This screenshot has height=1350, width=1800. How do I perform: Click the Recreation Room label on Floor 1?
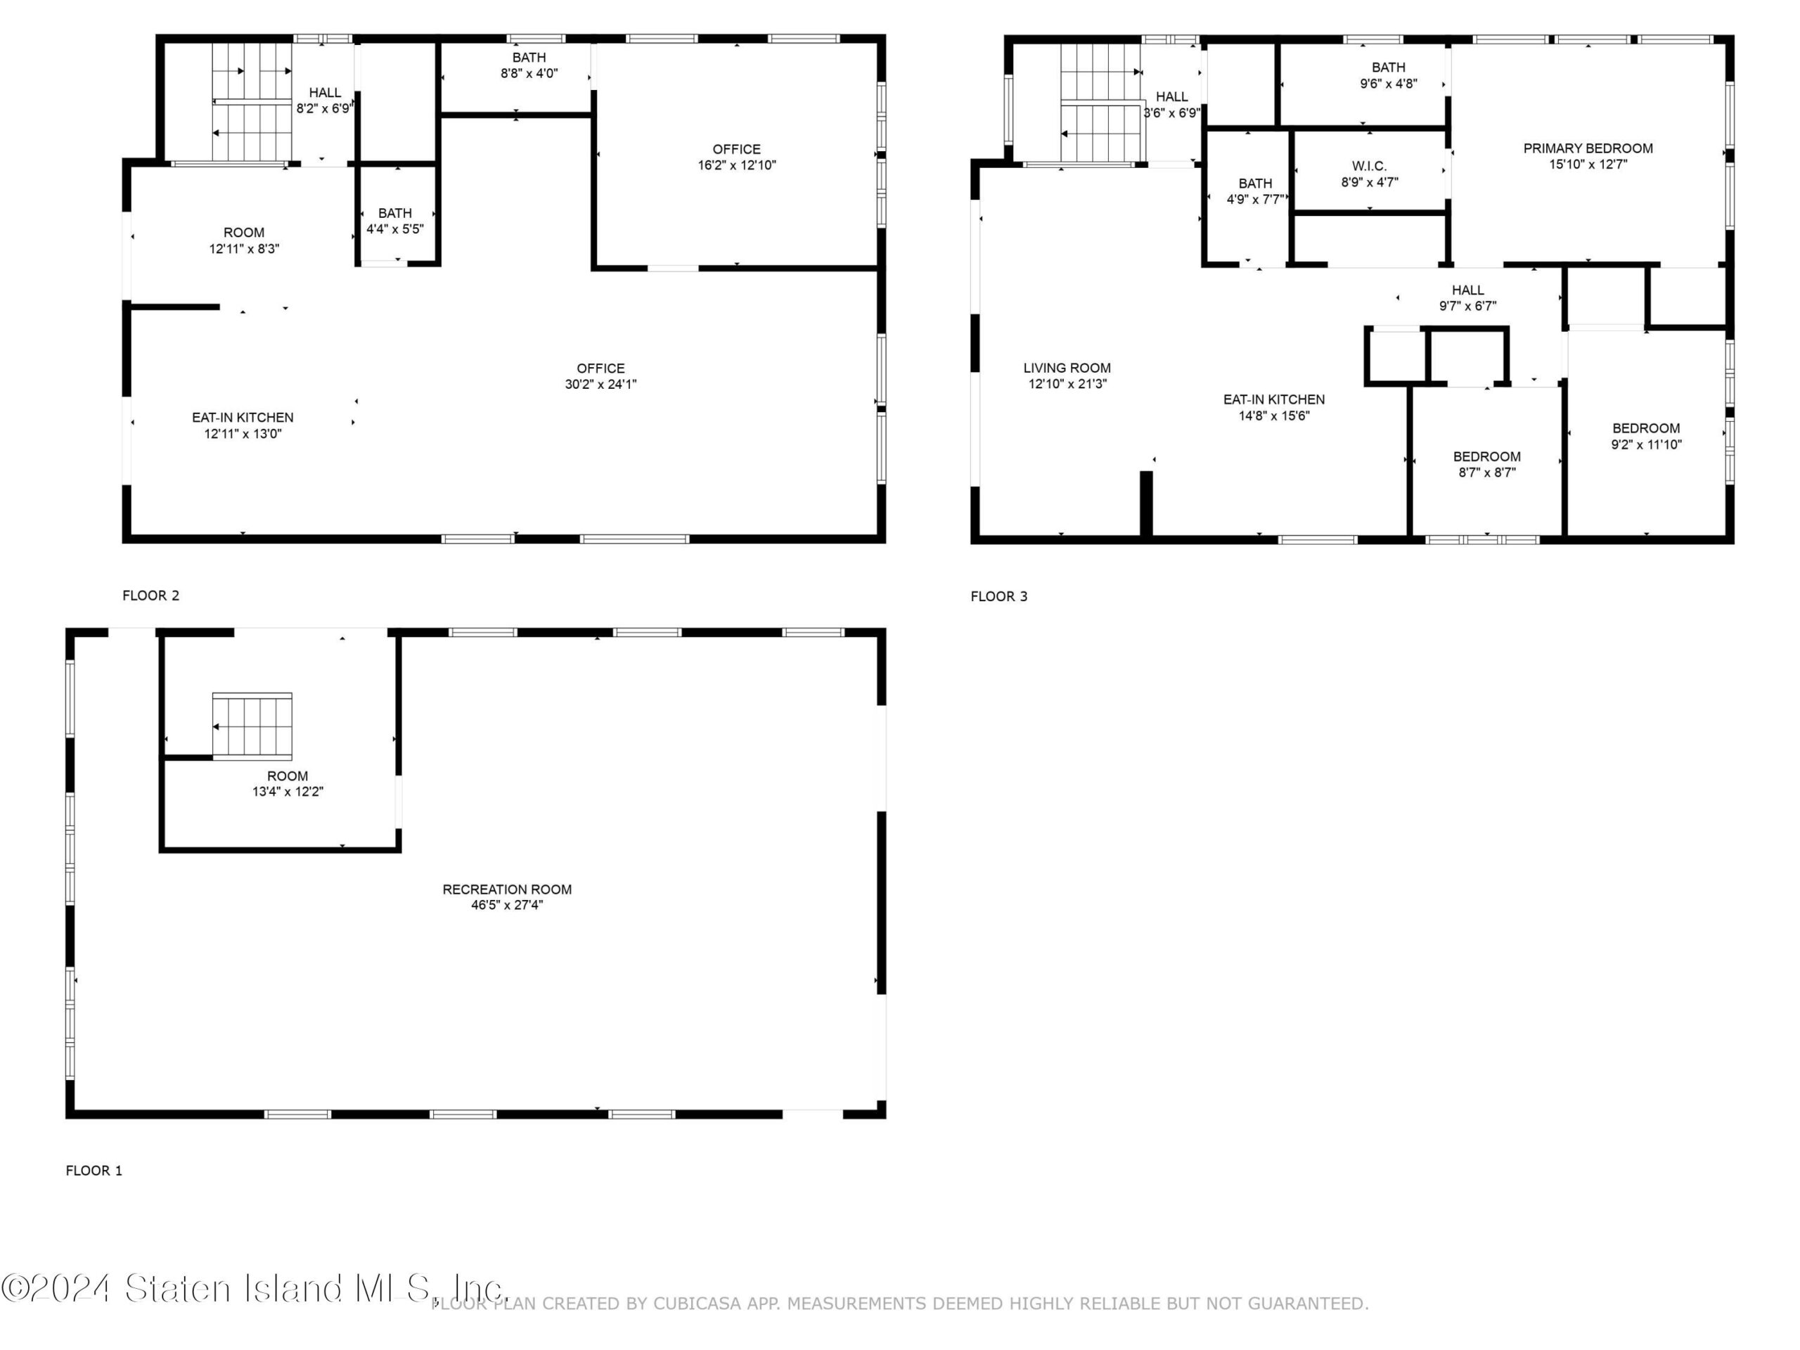pos(507,889)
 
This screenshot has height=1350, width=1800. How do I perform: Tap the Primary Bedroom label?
pos(1588,148)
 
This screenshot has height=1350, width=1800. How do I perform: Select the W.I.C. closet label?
pos(1370,166)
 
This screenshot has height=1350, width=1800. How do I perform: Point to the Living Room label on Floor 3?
pos(1067,368)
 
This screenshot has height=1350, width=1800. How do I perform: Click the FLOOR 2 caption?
pos(150,596)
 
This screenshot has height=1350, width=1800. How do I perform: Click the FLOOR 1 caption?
pos(94,1170)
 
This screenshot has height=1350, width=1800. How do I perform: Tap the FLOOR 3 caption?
pos(998,596)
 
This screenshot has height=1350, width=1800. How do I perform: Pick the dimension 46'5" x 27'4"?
pos(507,905)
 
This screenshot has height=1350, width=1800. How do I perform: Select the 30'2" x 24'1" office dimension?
pos(600,384)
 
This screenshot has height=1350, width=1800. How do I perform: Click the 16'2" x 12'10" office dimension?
pos(736,165)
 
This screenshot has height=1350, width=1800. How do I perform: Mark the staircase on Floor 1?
pos(252,726)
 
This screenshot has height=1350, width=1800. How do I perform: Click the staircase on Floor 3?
pos(1100,103)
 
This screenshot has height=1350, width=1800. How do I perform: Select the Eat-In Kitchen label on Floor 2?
pos(243,418)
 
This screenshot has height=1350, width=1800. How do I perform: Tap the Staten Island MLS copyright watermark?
pos(254,1288)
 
